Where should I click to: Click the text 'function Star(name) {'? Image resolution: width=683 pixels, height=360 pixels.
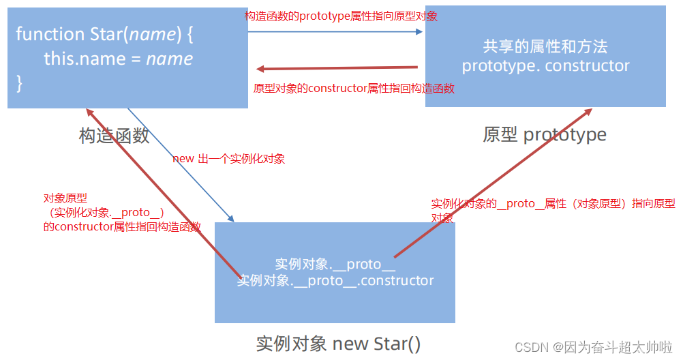click(x=100, y=34)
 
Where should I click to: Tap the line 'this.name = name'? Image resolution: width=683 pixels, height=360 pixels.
click(x=118, y=59)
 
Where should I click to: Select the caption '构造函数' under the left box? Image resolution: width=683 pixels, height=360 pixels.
click(x=114, y=136)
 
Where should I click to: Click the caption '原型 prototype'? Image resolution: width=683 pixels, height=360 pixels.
click(x=545, y=134)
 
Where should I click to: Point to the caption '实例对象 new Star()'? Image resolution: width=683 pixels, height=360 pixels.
click(x=338, y=342)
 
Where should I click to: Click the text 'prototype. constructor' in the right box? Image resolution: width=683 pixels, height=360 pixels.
click(x=545, y=66)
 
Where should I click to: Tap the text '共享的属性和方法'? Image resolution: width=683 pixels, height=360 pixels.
click(x=545, y=47)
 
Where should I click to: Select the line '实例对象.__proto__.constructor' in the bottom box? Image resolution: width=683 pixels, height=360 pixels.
click(x=335, y=280)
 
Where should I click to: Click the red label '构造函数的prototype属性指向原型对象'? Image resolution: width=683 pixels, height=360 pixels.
click(x=341, y=16)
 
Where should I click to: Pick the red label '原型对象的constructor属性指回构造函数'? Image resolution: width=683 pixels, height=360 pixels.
click(x=354, y=89)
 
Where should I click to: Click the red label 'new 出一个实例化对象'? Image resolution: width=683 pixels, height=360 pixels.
click(x=228, y=159)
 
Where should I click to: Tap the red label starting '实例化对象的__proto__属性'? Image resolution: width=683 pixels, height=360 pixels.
click(x=553, y=204)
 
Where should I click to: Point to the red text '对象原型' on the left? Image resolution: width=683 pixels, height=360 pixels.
click(x=65, y=198)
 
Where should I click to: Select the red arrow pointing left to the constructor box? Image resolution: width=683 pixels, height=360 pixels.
click(x=337, y=68)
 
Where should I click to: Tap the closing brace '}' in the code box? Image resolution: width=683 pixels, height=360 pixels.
click(x=20, y=83)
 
